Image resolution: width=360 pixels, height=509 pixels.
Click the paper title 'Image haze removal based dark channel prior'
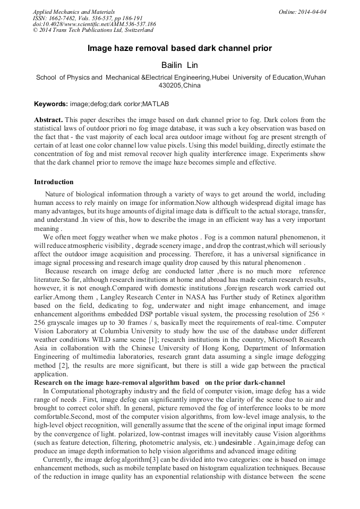coord(179,48)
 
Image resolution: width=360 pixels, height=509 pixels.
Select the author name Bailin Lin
coord(179,65)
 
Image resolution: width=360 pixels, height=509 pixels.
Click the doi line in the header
coord(94,24)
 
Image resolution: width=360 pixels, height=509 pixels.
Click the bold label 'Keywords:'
coord(51,104)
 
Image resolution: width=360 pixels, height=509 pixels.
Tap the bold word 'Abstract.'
coord(48,120)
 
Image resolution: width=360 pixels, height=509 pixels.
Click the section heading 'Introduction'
coord(54,182)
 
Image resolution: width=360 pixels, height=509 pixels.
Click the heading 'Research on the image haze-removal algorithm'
coord(159,382)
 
